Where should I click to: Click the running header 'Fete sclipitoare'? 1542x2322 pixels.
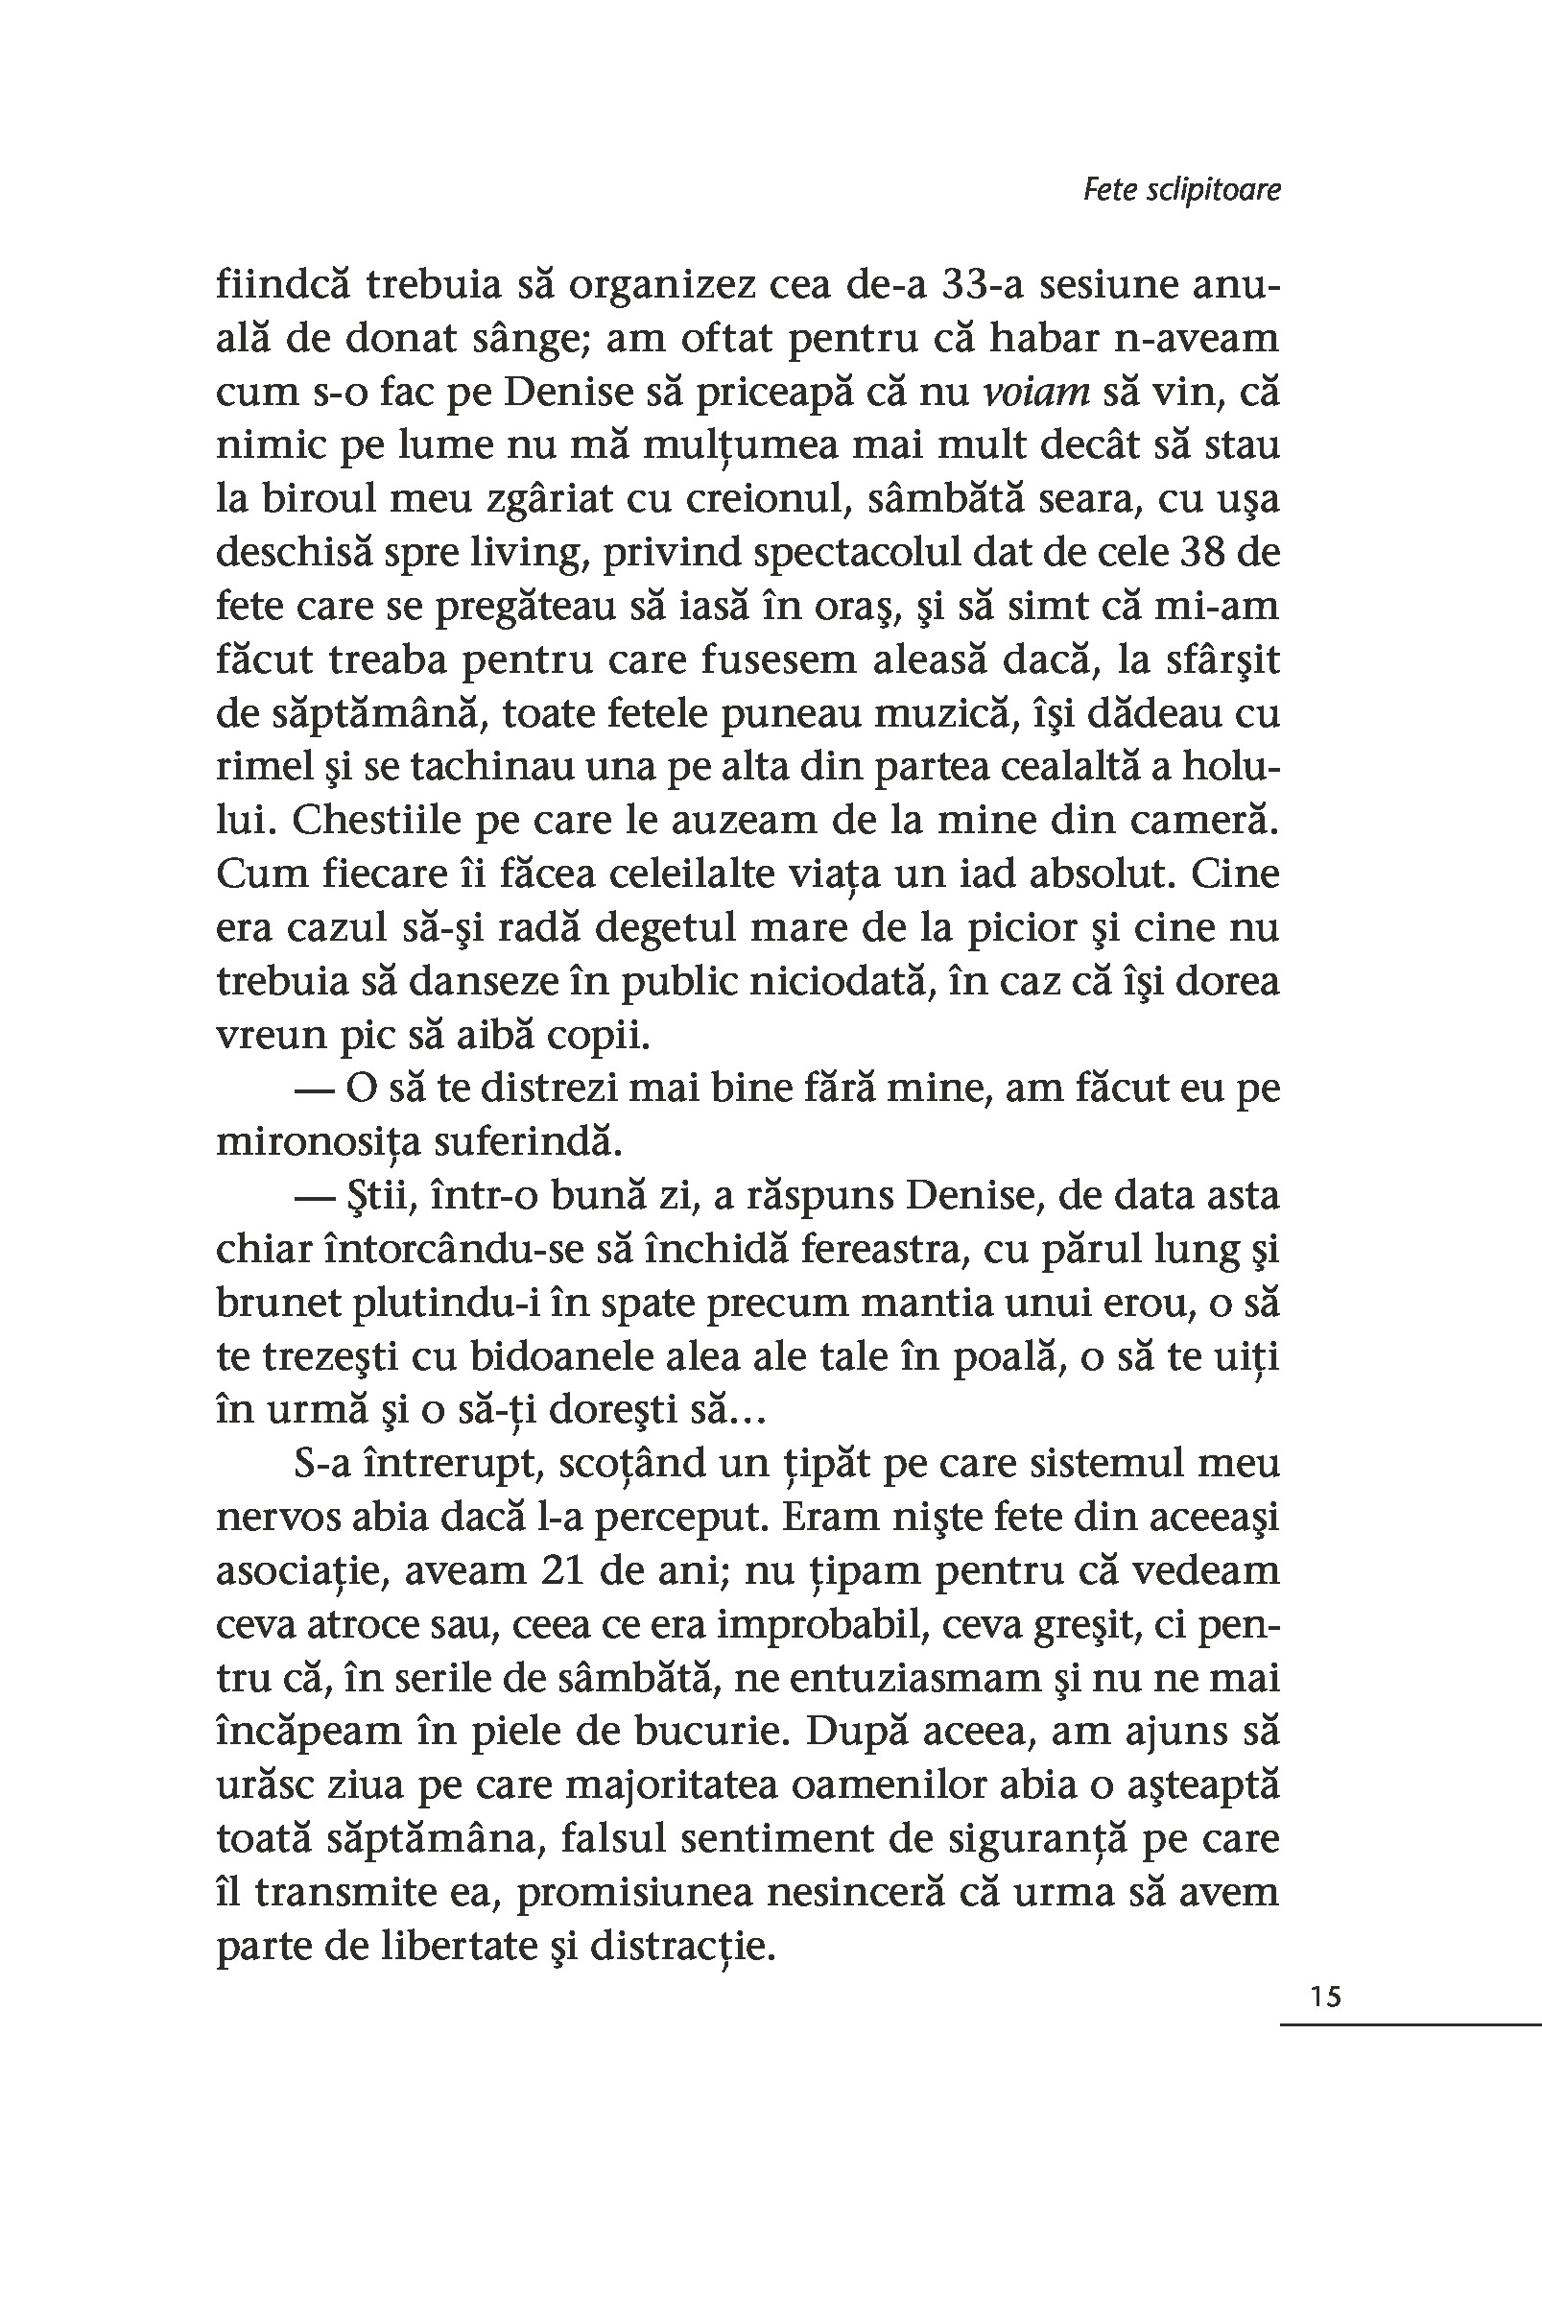(1182, 189)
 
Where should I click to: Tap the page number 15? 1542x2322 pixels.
(1326, 1997)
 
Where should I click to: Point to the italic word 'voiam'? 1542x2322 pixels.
(1036, 393)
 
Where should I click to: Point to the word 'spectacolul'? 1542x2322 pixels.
(848, 552)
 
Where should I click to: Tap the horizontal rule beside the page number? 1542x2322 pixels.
(1411, 2024)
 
